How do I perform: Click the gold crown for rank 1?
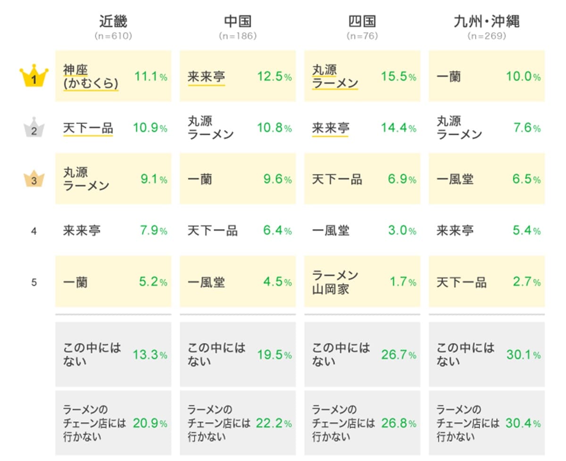click(34, 77)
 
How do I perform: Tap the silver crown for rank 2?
click(34, 128)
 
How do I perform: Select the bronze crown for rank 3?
click(34, 180)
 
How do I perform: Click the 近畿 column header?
click(113, 21)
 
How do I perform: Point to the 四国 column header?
click(362, 21)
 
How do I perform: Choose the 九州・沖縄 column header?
click(486, 21)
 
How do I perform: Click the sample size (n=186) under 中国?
click(238, 36)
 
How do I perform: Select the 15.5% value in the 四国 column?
click(399, 76)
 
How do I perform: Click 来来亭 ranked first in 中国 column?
click(206, 77)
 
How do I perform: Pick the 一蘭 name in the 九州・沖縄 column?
click(449, 77)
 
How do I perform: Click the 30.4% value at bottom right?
click(523, 423)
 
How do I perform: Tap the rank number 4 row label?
click(34, 231)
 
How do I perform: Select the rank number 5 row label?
click(34, 282)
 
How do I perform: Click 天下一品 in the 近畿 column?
click(88, 128)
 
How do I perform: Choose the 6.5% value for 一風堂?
click(526, 179)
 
